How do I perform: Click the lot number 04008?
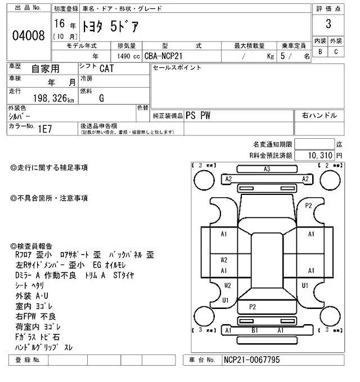point(28,37)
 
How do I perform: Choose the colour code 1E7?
point(45,128)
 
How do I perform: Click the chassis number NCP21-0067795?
point(251,360)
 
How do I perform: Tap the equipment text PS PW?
point(199,115)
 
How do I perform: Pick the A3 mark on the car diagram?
point(267,169)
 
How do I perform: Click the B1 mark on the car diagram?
point(254,331)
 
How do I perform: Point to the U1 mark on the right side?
point(305,285)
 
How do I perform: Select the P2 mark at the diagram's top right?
point(308,206)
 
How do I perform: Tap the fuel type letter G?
point(101,98)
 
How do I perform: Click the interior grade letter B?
point(320,52)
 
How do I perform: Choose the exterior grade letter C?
point(336,52)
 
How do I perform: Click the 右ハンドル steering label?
point(319,115)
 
